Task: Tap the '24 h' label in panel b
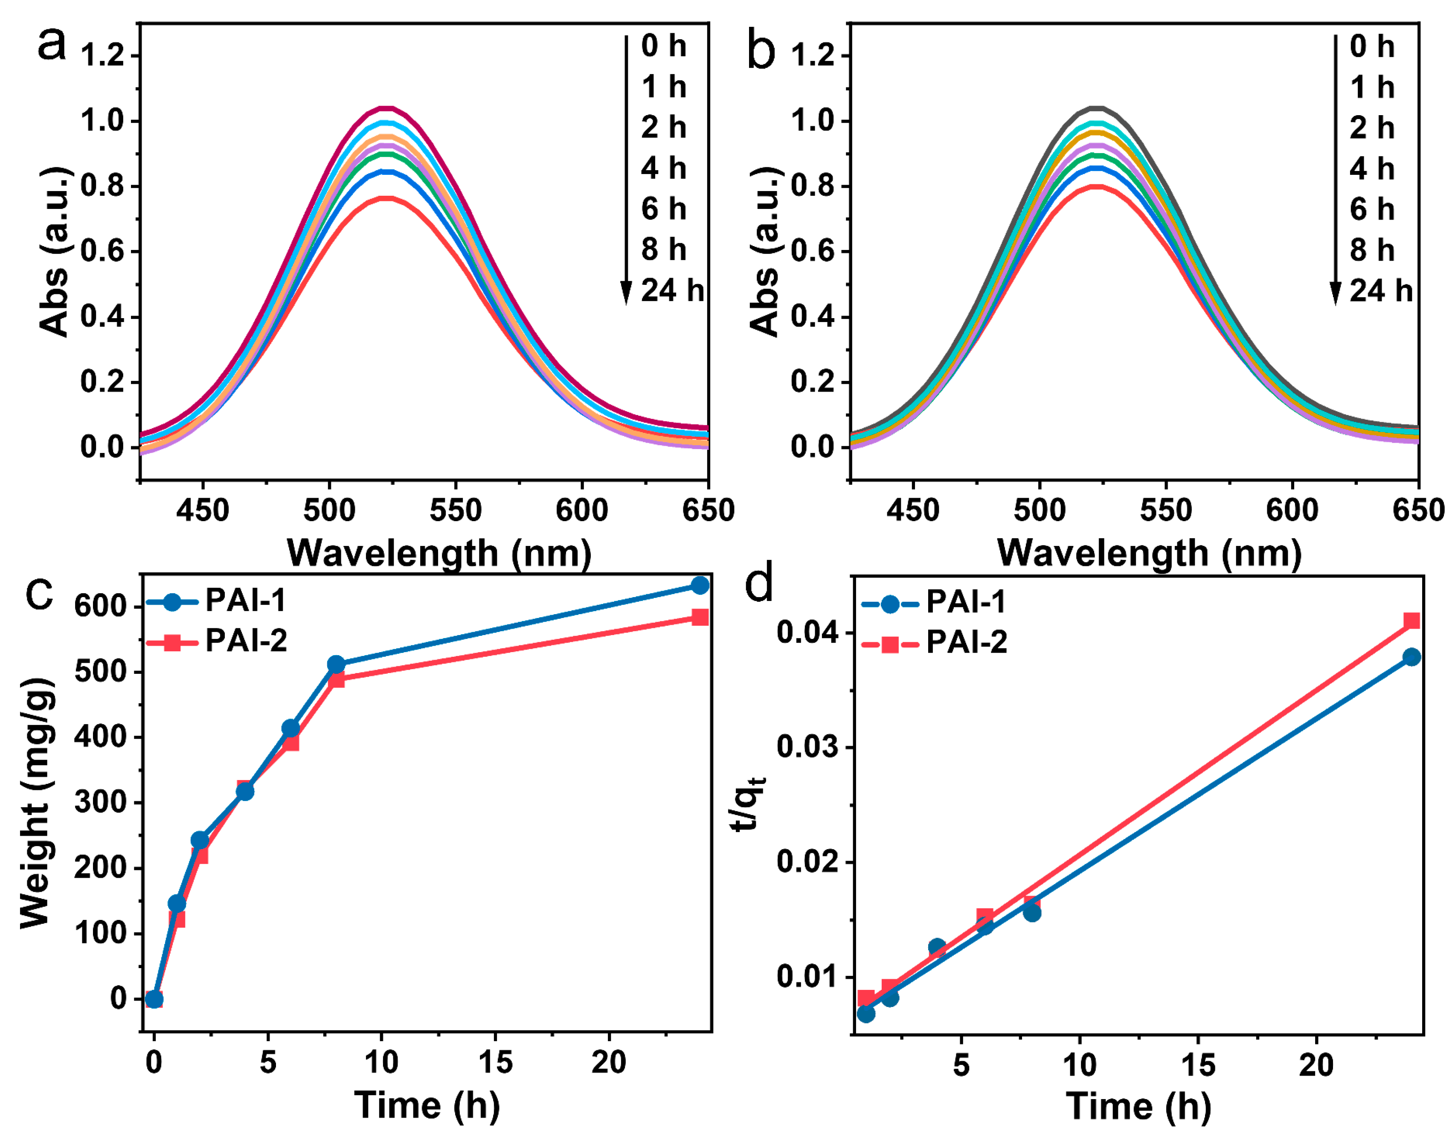coord(1381,291)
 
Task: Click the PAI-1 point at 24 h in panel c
coord(700,585)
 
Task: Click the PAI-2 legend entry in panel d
coord(935,643)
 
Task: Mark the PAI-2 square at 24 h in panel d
coord(1411,621)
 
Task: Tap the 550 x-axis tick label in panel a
coord(456,511)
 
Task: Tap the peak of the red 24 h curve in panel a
coord(386,198)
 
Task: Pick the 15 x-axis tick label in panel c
coord(495,1062)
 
